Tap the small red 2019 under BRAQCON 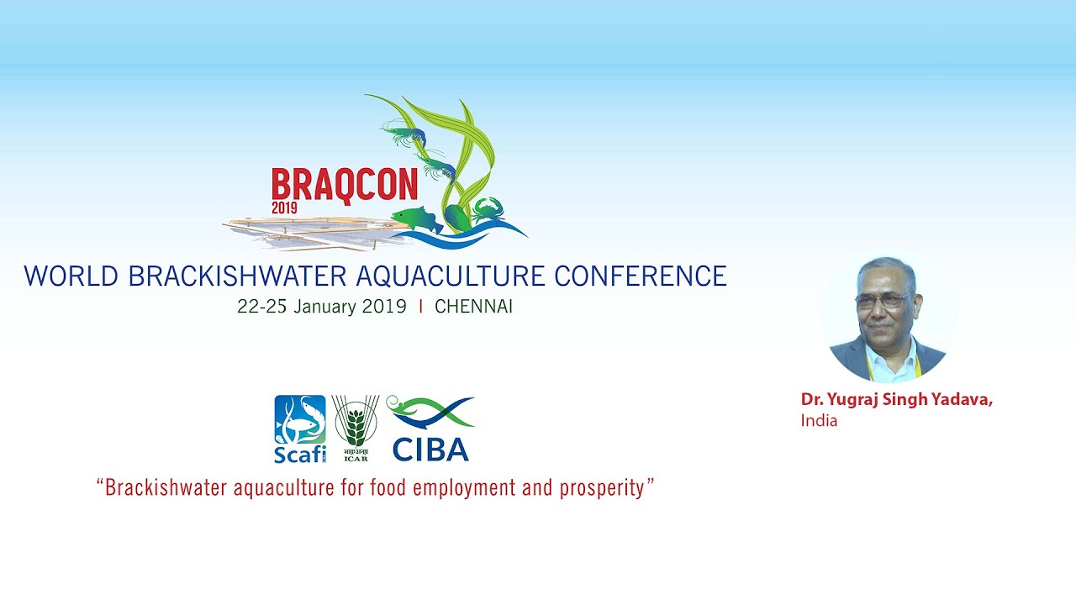pyautogui.click(x=284, y=208)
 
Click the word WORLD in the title pyautogui.click(x=71, y=276)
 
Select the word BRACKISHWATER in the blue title pyautogui.click(x=238, y=276)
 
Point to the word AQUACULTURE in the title pyautogui.click(x=451, y=277)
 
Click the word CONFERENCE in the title pyautogui.click(x=641, y=276)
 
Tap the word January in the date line pyautogui.click(x=324, y=307)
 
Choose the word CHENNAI pyautogui.click(x=473, y=307)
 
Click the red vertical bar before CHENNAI pyautogui.click(x=421, y=307)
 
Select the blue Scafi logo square pyautogui.click(x=300, y=420)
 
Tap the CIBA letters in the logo pyautogui.click(x=430, y=450)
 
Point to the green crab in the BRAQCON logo pyautogui.click(x=489, y=210)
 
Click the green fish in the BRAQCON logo pyautogui.click(x=417, y=219)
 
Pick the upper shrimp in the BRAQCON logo pyautogui.click(x=403, y=133)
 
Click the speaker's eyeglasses pyautogui.click(x=883, y=301)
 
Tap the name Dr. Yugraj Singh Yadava pyautogui.click(x=897, y=399)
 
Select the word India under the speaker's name pyautogui.click(x=819, y=421)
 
